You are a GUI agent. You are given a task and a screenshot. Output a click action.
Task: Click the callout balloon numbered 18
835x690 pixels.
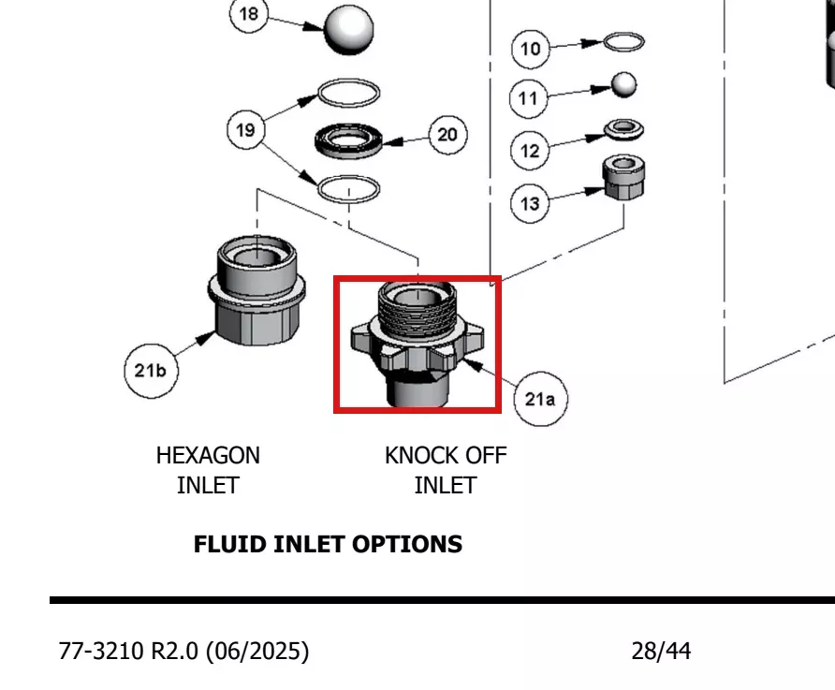[249, 14]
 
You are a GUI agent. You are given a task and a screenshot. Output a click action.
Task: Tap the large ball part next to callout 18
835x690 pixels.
[349, 30]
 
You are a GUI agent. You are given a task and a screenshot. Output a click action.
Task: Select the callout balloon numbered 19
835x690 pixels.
[245, 130]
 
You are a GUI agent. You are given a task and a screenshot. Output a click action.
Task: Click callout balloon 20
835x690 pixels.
[447, 135]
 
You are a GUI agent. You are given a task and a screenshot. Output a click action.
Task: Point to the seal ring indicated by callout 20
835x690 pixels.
[349, 141]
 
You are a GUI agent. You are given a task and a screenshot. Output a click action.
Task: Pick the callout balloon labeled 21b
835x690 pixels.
[152, 371]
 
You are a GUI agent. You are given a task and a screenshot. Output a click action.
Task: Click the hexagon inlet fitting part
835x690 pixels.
[256, 290]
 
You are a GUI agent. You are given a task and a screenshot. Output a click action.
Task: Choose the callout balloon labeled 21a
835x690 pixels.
[540, 399]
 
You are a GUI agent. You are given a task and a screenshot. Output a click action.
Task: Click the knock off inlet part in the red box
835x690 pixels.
[417, 344]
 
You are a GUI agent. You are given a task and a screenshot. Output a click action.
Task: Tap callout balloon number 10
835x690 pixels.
[531, 49]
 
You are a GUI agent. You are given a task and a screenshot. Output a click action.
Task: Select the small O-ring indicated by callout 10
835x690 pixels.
[623, 41]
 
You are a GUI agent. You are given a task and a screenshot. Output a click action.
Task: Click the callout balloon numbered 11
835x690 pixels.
[528, 98]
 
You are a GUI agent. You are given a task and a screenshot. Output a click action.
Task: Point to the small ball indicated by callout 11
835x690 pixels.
[623, 85]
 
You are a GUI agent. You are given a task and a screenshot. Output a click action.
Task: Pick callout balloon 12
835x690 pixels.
[530, 151]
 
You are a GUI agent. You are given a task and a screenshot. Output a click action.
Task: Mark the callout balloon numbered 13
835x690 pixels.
[530, 203]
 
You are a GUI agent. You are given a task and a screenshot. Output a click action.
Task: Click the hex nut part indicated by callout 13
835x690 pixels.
[623, 178]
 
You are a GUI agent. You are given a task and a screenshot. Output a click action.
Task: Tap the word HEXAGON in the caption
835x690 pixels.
[208, 456]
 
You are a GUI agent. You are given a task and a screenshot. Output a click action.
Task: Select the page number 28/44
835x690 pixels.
[662, 651]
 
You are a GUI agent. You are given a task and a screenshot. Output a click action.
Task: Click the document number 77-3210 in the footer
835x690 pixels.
[101, 651]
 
